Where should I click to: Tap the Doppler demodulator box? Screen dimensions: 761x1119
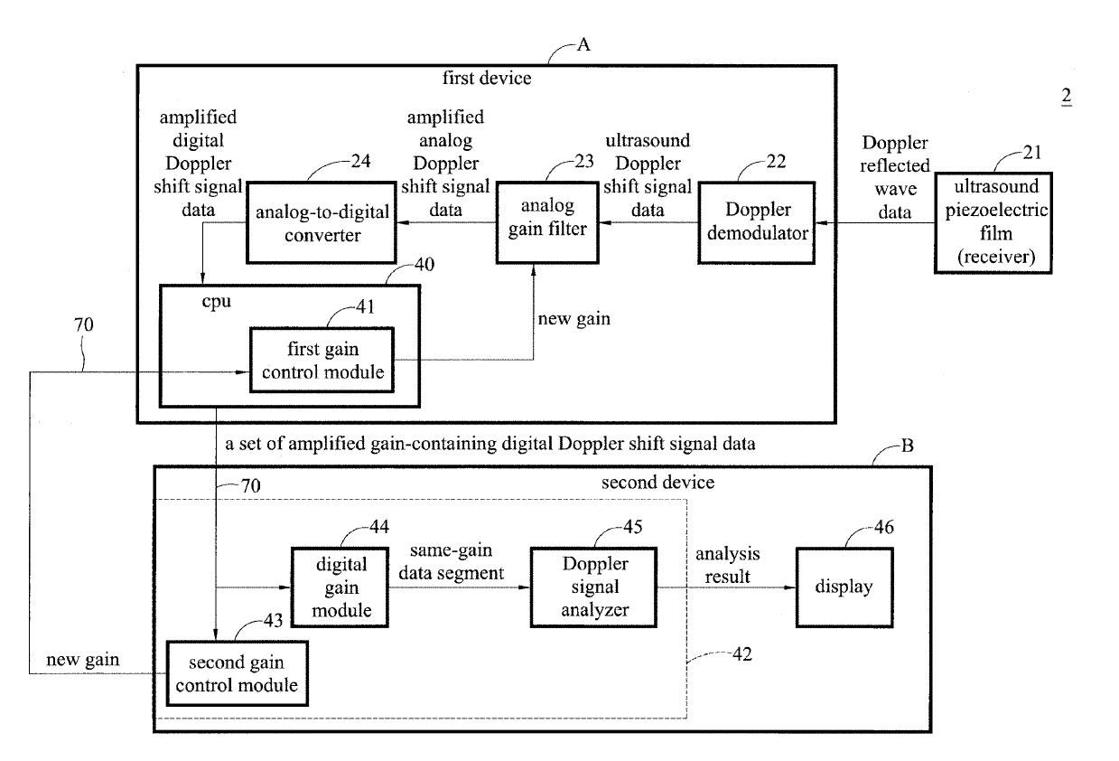756,221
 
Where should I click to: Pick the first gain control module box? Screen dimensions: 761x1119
322,360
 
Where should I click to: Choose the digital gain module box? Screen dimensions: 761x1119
341,587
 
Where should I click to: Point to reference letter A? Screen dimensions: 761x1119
583,45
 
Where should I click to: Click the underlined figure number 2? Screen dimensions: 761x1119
1067,98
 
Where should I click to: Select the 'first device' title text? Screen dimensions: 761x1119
486,79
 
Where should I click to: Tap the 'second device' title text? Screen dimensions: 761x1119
657,482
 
